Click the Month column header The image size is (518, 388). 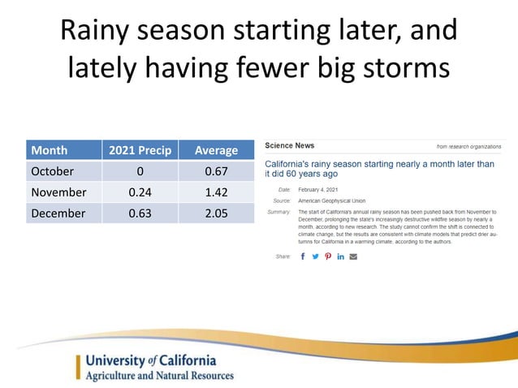tap(49, 150)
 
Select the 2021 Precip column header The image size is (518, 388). tap(136, 150)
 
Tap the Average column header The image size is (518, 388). tap(216, 150)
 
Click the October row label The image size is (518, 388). tap(52, 171)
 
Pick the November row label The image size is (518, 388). tap(58, 192)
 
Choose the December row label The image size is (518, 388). tap(58, 213)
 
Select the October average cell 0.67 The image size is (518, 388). tap(216, 171)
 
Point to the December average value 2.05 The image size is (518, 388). tap(216, 213)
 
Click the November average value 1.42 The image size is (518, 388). tap(216, 192)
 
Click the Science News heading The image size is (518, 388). tap(290, 145)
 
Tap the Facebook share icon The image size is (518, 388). tap(303, 257)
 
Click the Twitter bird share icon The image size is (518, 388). tap(315, 257)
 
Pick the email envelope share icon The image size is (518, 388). tap(353, 257)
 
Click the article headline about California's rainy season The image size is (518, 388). tap(378, 169)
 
